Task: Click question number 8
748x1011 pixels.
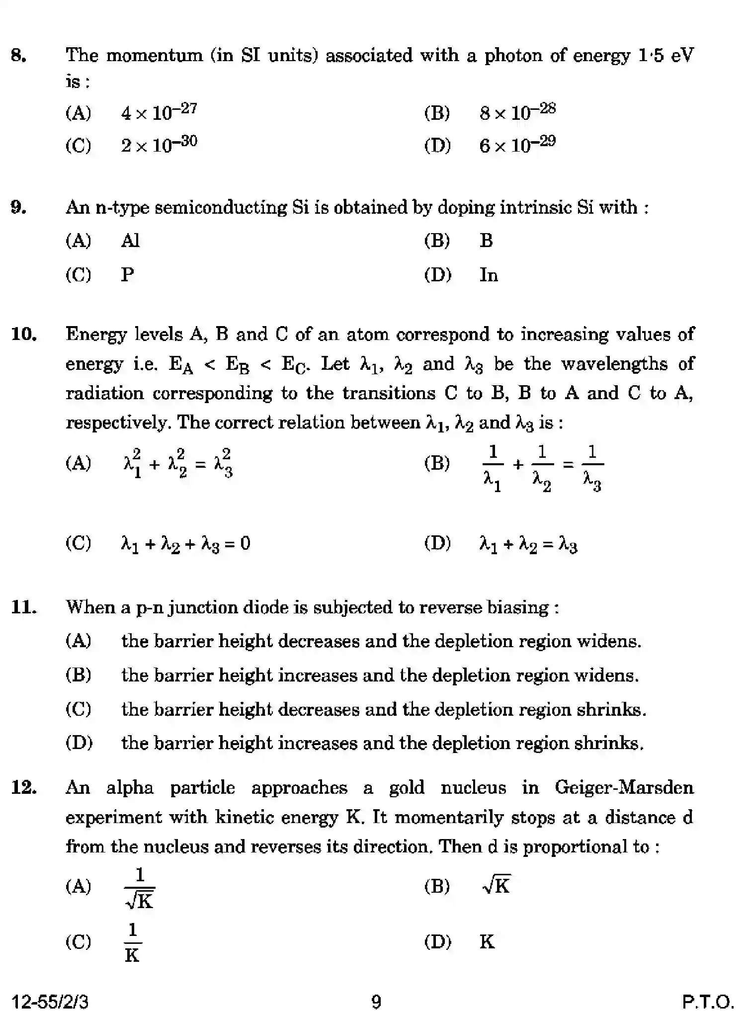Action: (18, 55)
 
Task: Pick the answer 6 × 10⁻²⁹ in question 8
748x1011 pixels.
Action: (517, 145)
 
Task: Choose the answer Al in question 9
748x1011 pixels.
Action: (130, 241)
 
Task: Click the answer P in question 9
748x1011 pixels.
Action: (127, 275)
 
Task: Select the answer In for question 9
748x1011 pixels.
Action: (488, 275)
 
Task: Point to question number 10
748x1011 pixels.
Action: (24, 335)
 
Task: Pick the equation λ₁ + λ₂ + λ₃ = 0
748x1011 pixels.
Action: (185, 544)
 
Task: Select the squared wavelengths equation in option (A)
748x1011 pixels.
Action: (178, 463)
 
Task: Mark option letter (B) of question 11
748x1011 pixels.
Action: (79, 675)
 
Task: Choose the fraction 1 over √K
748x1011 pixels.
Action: (140, 888)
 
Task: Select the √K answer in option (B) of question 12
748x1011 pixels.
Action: (496, 886)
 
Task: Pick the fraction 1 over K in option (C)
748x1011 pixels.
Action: (132, 942)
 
